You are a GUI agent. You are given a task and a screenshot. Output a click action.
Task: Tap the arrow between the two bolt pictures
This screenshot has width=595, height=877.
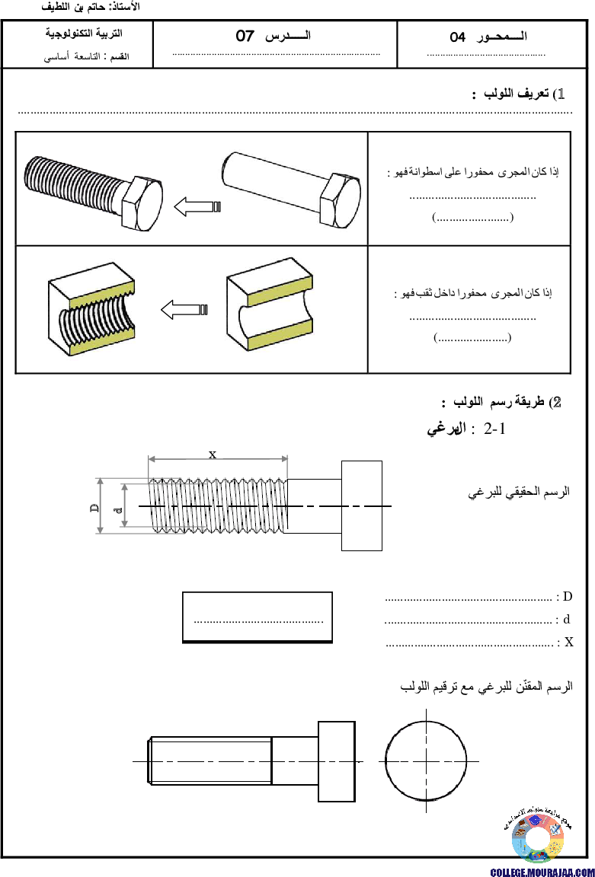[x=197, y=206]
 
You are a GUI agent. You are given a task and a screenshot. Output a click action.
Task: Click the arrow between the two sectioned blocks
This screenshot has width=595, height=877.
[x=184, y=310]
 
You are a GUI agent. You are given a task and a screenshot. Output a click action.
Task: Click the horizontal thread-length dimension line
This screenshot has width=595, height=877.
[x=218, y=458]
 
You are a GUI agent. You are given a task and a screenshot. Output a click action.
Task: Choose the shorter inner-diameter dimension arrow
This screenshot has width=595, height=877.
[x=124, y=505]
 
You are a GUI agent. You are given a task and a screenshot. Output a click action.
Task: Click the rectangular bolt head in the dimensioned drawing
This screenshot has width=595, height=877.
[x=361, y=505]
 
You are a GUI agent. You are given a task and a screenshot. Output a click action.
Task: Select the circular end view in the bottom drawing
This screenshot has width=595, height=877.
[x=426, y=761]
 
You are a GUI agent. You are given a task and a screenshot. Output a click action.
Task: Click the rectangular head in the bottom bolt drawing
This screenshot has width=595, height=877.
[x=336, y=761]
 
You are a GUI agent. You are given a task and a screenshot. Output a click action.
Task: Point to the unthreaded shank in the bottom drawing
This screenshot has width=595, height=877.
[x=295, y=761]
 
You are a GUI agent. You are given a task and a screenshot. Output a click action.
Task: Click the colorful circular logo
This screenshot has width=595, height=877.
[x=538, y=838]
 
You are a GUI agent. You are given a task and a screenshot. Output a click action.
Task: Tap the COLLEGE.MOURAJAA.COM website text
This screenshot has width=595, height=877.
[x=542, y=872]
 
